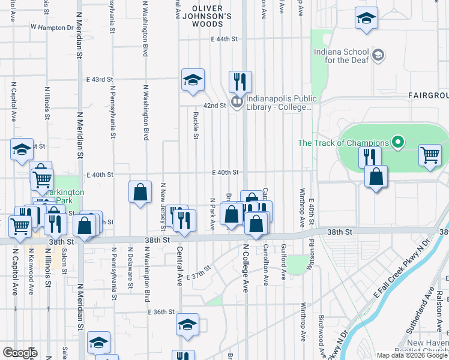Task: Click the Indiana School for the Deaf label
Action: (343, 56)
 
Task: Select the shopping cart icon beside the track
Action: (430, 155)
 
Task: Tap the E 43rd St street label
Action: (100, 79)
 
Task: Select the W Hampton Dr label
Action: (52, 28)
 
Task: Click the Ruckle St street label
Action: (196, 124)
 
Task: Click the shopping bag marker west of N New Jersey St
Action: (140, 193)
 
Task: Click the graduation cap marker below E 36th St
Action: (187, 325)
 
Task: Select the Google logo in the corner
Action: (20, 352)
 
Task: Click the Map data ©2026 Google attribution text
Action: (411, 355)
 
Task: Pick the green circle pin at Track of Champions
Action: (397, 142)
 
